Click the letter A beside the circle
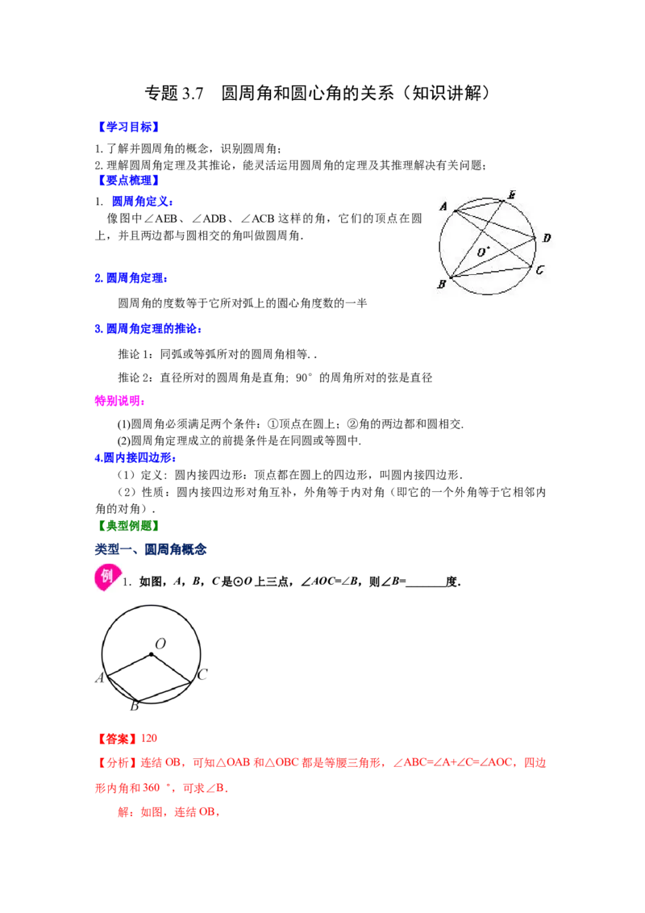click(x=443, y=206)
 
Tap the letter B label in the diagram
click(x=441, y=284)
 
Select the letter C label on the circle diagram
click(x=539, y=270)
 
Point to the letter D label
click(x=546, y=238)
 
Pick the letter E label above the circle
click(x=510, y=194)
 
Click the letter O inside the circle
click(x=481, y=252)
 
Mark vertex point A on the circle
click(x=455, y=211)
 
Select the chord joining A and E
click(x=480, y=206)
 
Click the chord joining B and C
click(x=492, y=272)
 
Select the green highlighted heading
click(x=128, y=526)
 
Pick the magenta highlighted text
click(x=118, y=401)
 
